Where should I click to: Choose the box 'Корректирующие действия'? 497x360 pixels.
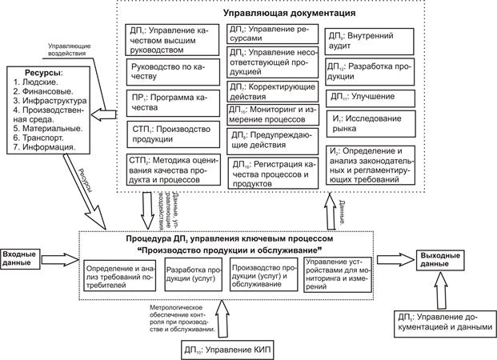[x=271, y=90]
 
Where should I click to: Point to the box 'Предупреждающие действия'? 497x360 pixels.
[x=271, y=140]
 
